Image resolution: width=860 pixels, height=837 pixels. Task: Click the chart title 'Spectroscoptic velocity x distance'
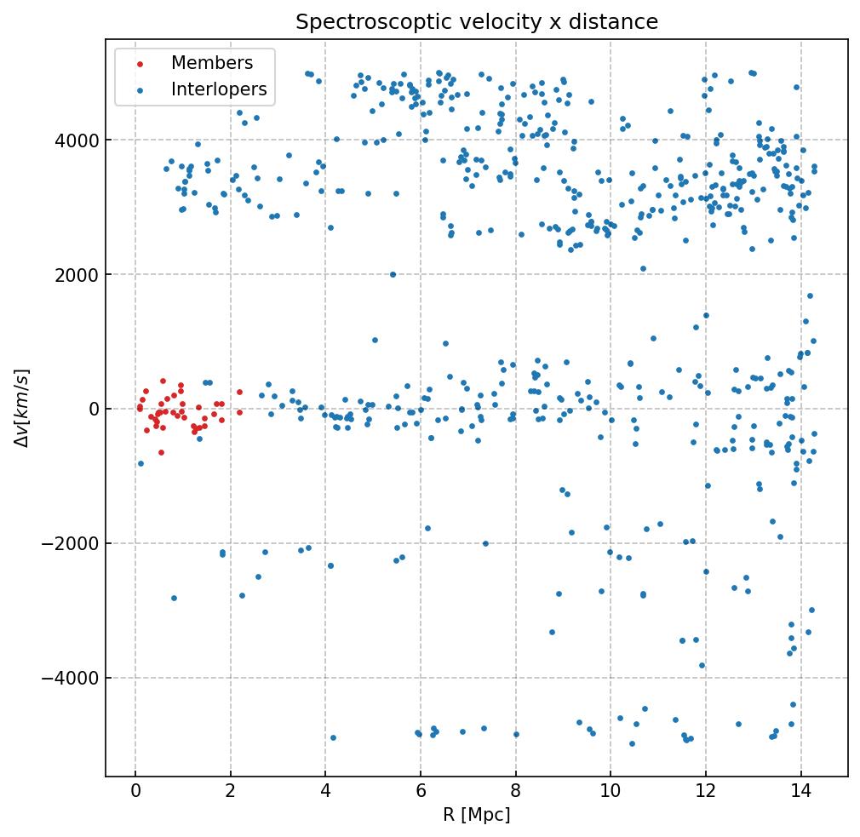click(x=477, y=22)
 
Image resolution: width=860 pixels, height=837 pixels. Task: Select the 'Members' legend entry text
click(x=212, y=63)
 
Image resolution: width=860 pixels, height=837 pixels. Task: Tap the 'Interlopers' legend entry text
click(x=219, y=89)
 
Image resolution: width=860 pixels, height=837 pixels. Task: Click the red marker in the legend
click(x=140, y=64)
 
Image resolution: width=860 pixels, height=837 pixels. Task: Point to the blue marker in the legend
click(x=140, y=90)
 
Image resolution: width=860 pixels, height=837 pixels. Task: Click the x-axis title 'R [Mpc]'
click(x=477, y=815)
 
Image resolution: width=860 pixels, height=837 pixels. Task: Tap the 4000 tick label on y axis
click(x=77, y=140)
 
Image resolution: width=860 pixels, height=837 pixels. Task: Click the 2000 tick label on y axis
click(x=77, y=274)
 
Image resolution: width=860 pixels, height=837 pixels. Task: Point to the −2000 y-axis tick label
click(x=72, y=543)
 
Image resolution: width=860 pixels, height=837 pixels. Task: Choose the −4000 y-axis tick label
click(x=72, y=678)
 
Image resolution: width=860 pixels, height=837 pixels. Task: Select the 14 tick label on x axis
click(x=800, y=791)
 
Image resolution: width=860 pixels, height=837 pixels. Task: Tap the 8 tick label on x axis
click(x=515, y=791)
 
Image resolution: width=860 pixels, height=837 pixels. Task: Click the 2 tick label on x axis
click(x=230, y=791)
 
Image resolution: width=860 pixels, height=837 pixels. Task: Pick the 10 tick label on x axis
click(x=610, y=791)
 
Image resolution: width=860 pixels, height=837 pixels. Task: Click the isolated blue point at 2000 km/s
click(x=393, y=274)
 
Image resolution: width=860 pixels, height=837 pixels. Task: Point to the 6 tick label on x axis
click(x=420, y=791)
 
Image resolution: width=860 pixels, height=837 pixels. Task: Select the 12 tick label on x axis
click(x=705, y=791)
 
